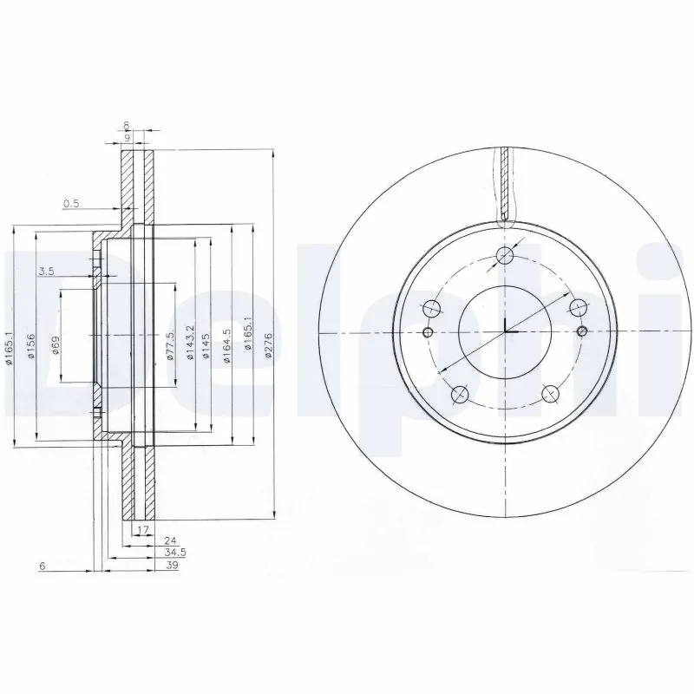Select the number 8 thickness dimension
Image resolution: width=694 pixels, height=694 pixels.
click(x=127, y=125)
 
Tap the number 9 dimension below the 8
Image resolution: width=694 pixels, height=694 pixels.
click(x=127, y=137)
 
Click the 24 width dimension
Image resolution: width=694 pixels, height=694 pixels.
click(x=157, y=539)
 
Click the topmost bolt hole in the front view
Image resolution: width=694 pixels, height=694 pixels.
click(x=505, y=254)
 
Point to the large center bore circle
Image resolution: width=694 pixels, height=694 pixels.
click(x=505, y=331)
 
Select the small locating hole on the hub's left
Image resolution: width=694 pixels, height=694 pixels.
click(x=428, y=332)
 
